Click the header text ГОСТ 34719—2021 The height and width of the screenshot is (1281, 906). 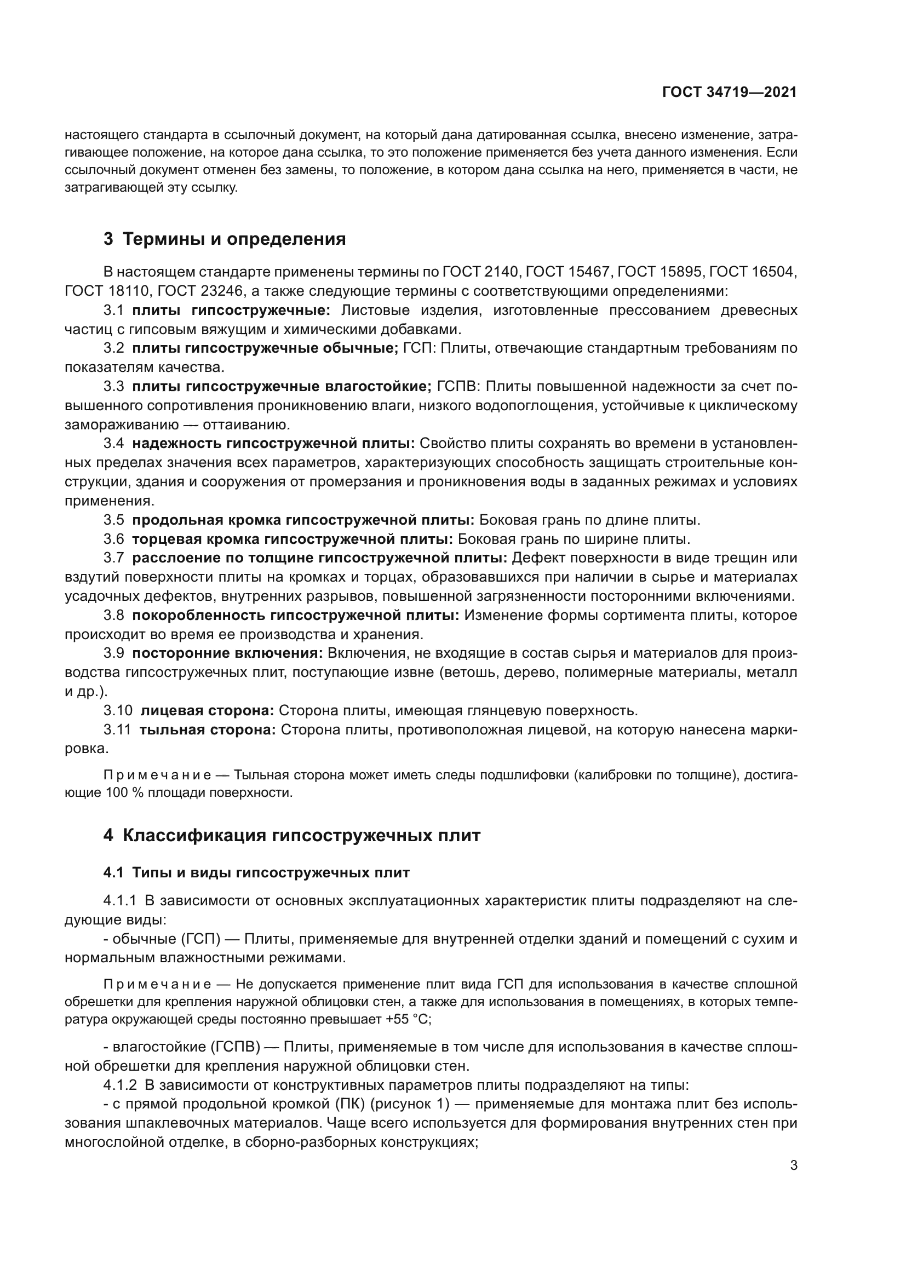pos(729,92)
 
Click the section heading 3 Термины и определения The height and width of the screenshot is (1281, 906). pos(224,239)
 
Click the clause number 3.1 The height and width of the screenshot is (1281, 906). pos(113,310)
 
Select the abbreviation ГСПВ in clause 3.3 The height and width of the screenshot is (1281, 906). pos(457,387)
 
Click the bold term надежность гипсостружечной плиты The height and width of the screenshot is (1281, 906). pos(273,444)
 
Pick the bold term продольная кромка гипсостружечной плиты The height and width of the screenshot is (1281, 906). pos(303,520)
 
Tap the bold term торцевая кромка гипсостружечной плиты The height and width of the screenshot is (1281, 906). pos(292,539)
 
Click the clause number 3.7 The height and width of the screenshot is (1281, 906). pos(113,558)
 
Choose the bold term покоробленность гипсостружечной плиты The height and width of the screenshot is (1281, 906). pos(295,616)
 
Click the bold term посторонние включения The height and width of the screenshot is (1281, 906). pos(227,653)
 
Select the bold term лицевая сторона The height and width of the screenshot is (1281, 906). pos(207,711)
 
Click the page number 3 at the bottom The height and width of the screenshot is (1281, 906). pos(793,1165)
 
